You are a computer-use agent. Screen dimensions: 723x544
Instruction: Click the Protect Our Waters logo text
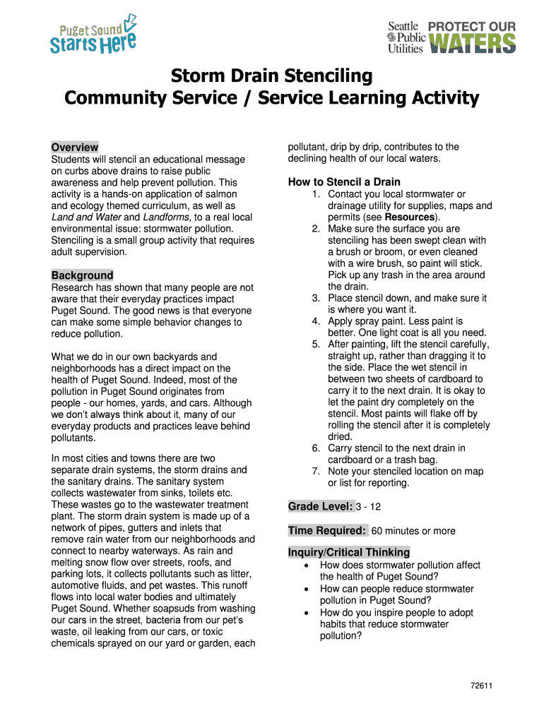pos(472,37)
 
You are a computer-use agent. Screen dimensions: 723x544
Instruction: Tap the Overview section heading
pos(74,148)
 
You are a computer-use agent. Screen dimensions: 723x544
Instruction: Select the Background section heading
pos(82,275)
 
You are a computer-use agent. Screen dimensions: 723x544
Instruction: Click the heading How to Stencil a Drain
pos(344,182)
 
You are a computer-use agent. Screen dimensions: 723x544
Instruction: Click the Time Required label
pos(327,530)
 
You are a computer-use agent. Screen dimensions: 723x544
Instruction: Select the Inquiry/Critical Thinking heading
pos(349,552)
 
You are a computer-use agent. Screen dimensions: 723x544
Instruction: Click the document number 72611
pos(481,686)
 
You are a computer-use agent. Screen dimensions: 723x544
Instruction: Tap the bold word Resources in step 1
pos(409,217)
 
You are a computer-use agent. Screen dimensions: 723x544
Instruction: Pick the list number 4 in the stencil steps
pos(317,321)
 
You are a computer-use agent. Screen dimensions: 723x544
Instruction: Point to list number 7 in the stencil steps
pos(317,472)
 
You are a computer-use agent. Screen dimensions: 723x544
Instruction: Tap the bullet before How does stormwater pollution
pos(305,566)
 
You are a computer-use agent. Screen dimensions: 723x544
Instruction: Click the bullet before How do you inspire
pos(305,613)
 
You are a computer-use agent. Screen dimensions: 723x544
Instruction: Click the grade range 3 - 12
pos(369,507)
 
